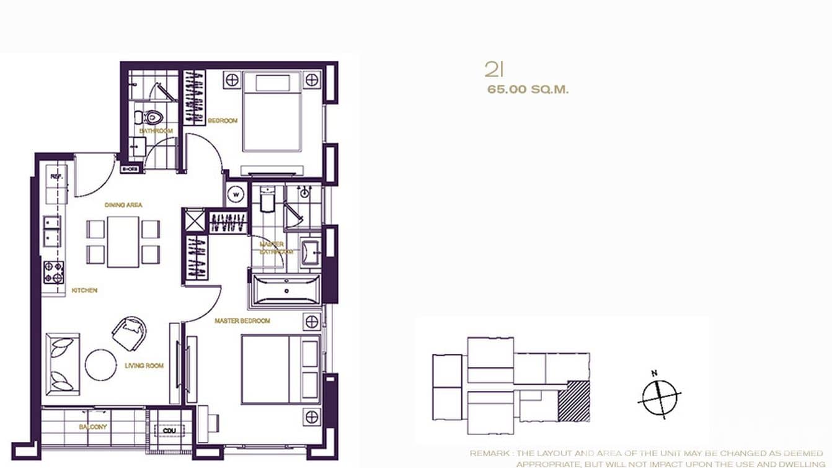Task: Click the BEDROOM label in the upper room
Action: pyautogui.click(x=222, y=120)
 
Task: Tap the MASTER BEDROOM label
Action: pyautogui.click(x=242, y=321)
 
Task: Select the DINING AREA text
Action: pyautogui.click(x=124, y=205)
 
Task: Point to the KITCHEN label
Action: pyautogui.click(x=84, y=290)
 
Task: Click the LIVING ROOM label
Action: pyautogui.click(x=144, y=366)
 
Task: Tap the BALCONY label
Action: pyautogui.click(x=93, y=427)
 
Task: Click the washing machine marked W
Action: pyautogui.click(x=236, y=194)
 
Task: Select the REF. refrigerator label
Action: pyautogui.click(x=56, y=176)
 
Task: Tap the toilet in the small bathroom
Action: pyautogui.click(x=153, y=116)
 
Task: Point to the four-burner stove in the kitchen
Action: pyautogui.click(x=53, y=272)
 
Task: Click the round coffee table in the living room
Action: pyautogui.click(x=100, y=364)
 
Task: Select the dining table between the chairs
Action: pyautogui.click(x=123, y=241)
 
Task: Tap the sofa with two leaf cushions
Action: pyautogui.click(x=62, y=364)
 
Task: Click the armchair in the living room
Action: pyautogui.click(x=130, y=333)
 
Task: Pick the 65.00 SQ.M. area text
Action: pyautogui.click(x=528, y=89)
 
